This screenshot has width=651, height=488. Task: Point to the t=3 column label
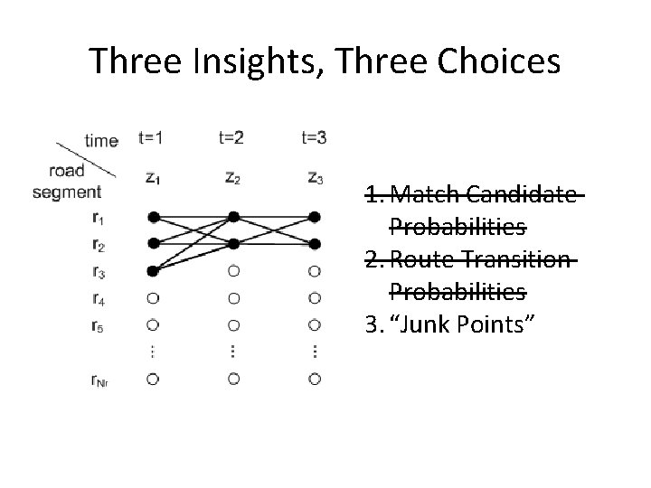(x=315, y=138)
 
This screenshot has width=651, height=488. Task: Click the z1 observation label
(x=155, y=178)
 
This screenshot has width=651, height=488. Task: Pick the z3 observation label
(x=315, y=178)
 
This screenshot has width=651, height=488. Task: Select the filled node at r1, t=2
(x=234, y=217)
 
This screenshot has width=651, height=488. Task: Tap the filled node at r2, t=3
(x=315, y=244)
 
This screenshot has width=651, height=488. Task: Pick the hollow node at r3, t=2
(x=234, y=270)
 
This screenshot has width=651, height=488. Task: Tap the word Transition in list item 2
(x=524, y=261)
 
